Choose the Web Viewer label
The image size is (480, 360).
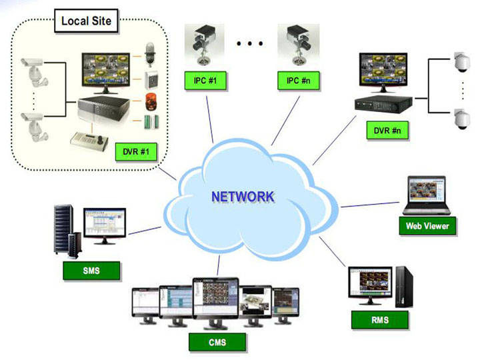pos(427,225)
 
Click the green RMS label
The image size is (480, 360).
pos(380,321)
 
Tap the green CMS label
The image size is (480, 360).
pos(217,343)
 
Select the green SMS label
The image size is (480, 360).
pos(91,270)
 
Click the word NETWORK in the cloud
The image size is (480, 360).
pos(242,197)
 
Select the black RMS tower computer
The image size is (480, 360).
pos(401,286)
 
